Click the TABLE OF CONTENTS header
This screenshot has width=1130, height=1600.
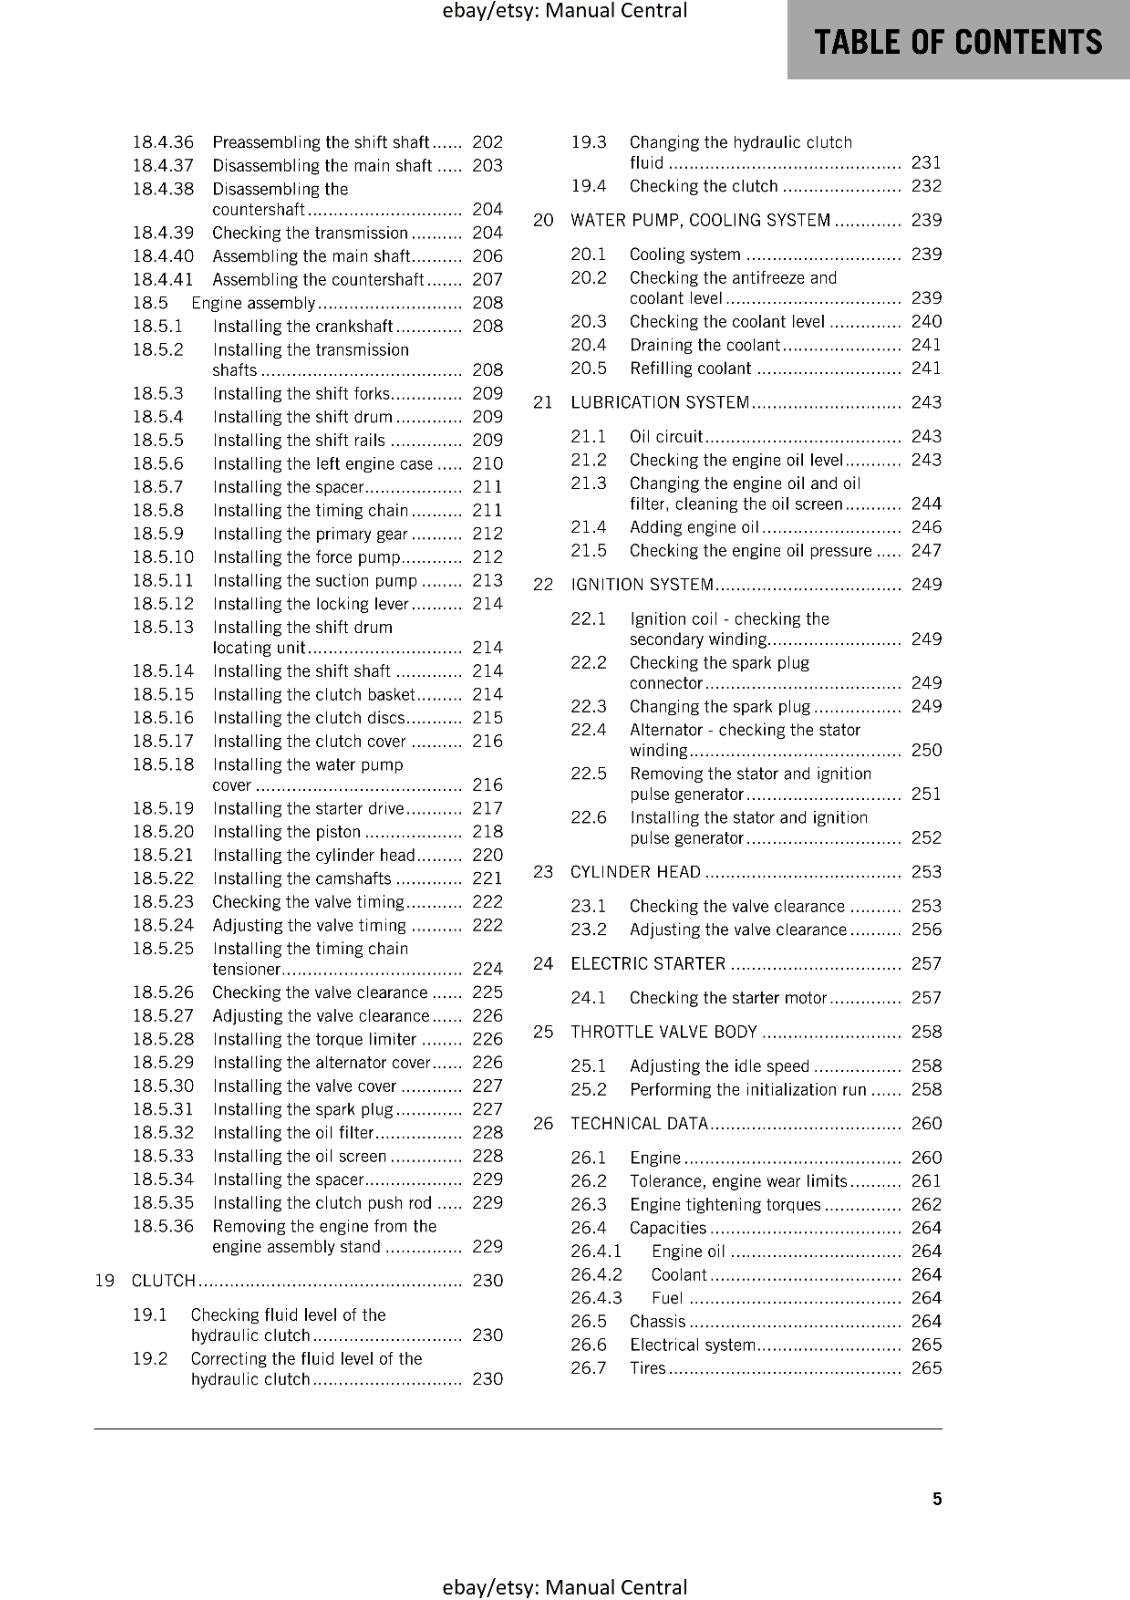[x=958, y=42]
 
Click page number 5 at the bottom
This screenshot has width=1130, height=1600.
[x=937, y=1498]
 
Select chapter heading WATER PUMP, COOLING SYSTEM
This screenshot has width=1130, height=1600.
[x=700, y=220]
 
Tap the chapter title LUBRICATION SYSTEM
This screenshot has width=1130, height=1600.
[x=659, y=402]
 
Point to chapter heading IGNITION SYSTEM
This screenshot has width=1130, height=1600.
[x=641, y=584]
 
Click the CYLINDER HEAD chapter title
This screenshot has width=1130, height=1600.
[x=635, y=872]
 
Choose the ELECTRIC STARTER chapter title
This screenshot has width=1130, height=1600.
[x=647, y=964]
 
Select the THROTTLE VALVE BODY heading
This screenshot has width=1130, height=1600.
[x=663, y=1032]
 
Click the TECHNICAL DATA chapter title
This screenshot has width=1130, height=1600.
[x=638, y=1124]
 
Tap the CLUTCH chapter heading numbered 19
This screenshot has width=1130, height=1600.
[x=163, y=1280]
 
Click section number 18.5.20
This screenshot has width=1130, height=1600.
[x=163, y=832]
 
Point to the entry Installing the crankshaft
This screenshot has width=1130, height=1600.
[x=303, y=326]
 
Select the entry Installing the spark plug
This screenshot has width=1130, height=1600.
[x=303, y=1109]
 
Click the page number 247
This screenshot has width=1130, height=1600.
[x=926, y=550]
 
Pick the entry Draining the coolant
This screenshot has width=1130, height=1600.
[x=704, y=345]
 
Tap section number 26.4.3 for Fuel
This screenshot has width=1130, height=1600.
[x=596, y=1298]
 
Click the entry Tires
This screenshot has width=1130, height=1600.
[x=647, y=1368]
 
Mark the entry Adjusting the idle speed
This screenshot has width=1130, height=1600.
[x=719, y=1066]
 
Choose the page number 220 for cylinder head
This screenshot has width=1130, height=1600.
[x=487, y=855]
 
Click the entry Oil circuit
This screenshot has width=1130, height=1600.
[x=666, y=437]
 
